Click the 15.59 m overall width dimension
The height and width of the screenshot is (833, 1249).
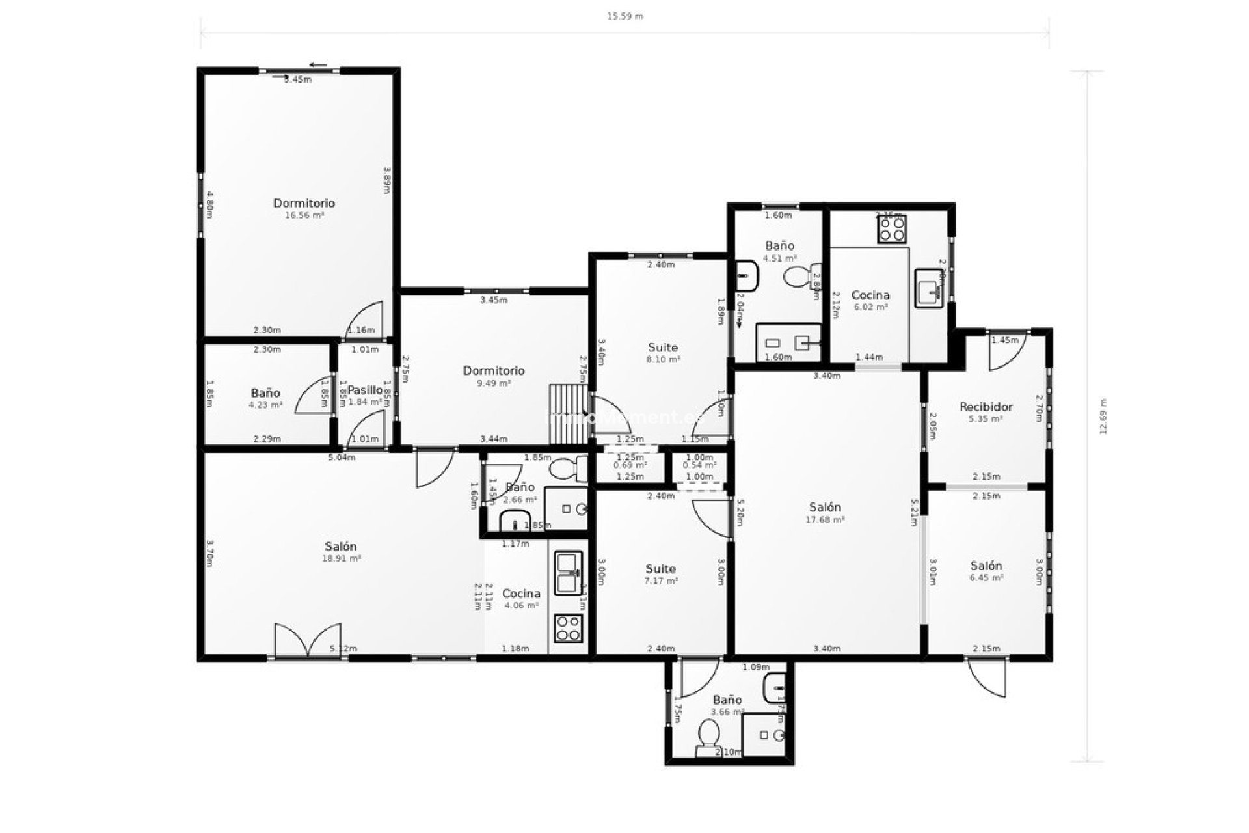[x=624, y=16]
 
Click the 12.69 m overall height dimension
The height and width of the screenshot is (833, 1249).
[x=1103, y=416]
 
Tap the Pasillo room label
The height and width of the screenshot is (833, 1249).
[x=365, y=390]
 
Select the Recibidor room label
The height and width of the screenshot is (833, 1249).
[x=986, y=407]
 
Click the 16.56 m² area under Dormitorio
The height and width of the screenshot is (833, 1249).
[x=304, y=215]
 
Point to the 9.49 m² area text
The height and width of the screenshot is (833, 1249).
[x=493, y=383]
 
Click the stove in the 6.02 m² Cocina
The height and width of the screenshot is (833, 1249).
[x=891, y=229]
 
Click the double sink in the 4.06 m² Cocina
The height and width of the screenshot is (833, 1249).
[x=569, y=573]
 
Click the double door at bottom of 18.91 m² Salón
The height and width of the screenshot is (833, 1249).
[x=308, y=640]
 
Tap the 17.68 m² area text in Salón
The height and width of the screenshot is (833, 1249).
[x=824, y=520]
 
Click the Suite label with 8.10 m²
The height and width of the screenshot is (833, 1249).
[x=663, y=348]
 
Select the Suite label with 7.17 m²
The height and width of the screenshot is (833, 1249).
[x=660, y=569]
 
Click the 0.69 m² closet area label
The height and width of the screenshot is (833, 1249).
[x=630, y=465]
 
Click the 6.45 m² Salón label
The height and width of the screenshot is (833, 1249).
[x=986, y=566]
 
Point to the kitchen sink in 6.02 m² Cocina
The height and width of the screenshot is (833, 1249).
[x=929, y=288]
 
